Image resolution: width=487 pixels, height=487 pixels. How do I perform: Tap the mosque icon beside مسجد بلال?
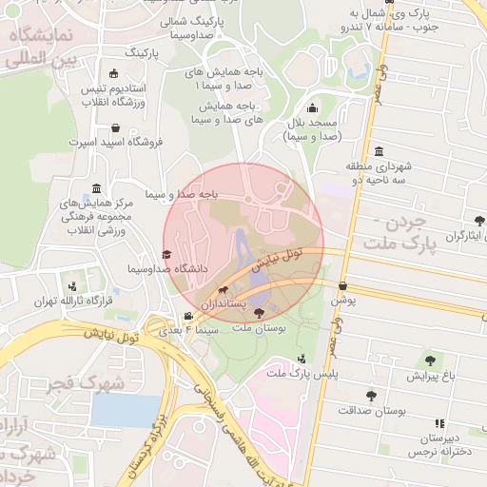point(313,109)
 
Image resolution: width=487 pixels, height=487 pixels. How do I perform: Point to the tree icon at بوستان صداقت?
point(371,395)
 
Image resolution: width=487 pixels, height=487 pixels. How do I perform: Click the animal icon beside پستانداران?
point(223,289)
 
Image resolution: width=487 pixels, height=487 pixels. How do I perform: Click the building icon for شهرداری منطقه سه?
point(379,152)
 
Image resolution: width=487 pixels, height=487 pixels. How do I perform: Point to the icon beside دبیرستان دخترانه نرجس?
point(438,422)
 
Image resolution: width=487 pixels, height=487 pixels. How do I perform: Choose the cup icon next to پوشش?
point(341,285)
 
